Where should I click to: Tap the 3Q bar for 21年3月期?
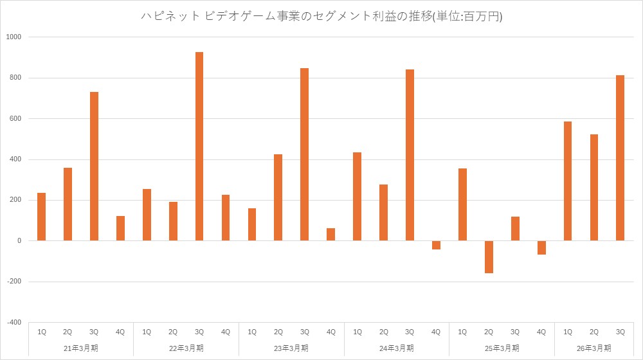(x=94, y=166)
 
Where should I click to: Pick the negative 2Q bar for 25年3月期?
(x=489, y=257)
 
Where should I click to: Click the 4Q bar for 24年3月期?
(x=436, y=245)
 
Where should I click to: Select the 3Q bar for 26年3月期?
(x=620, y=158)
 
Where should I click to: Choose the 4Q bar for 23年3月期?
(x=331, y=235)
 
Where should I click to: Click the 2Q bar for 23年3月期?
(x=278, y=197)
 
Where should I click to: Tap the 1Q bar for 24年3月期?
(x=357, y=197)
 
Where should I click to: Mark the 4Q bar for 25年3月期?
(x=541, y=248)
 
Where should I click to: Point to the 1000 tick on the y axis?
(x=14, y=37)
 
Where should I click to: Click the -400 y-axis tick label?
(x=14, y=322)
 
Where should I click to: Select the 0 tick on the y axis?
(x=19, y=241)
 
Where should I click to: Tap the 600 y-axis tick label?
(x=15, y=119)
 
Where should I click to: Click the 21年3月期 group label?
(x=81, y=348)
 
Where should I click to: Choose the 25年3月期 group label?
(x=502, y=348)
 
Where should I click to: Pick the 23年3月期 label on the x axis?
(x=291, y=348)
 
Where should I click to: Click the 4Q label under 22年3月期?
(x=226, y=332)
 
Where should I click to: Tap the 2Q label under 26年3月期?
(x=594, y=332)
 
